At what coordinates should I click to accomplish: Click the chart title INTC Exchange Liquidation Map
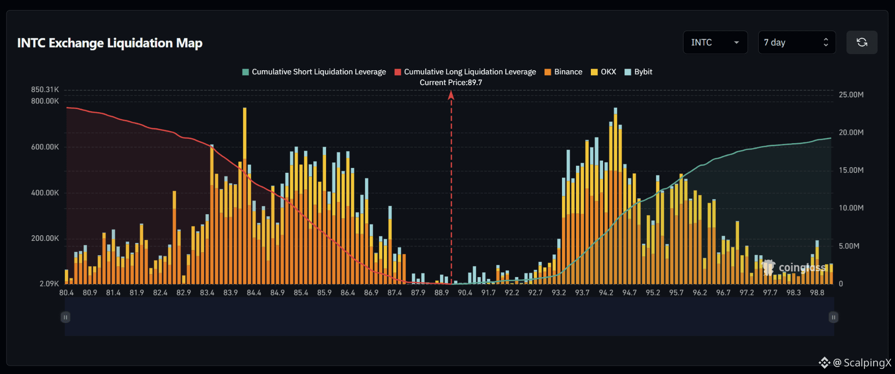point(110,43)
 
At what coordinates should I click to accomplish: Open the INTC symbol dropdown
point(715,42)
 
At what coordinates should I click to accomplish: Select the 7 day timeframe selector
point(797,42)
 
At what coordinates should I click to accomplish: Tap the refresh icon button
point(862,42)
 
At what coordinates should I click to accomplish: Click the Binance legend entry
point(563,72)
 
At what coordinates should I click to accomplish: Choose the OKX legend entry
point(604,72)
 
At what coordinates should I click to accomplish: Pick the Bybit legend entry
point(638,72)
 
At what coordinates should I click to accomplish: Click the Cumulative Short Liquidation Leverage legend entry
point(314,72)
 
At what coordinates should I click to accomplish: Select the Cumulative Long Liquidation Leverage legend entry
point(465,72)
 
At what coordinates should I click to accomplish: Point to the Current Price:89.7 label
point(451,82)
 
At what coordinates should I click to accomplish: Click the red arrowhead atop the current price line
point(451,95)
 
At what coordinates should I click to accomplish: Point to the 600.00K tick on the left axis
point(45,147)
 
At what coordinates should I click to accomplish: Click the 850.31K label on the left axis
point(45,89)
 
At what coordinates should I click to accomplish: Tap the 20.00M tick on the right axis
point(851,132)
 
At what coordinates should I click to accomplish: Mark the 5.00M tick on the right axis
point(849,246)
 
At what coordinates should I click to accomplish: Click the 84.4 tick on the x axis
point(254,292)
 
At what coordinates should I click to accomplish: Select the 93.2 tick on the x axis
point(559,292)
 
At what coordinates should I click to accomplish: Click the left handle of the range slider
point(66,317)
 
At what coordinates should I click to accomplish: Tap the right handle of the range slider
point(833,317)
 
